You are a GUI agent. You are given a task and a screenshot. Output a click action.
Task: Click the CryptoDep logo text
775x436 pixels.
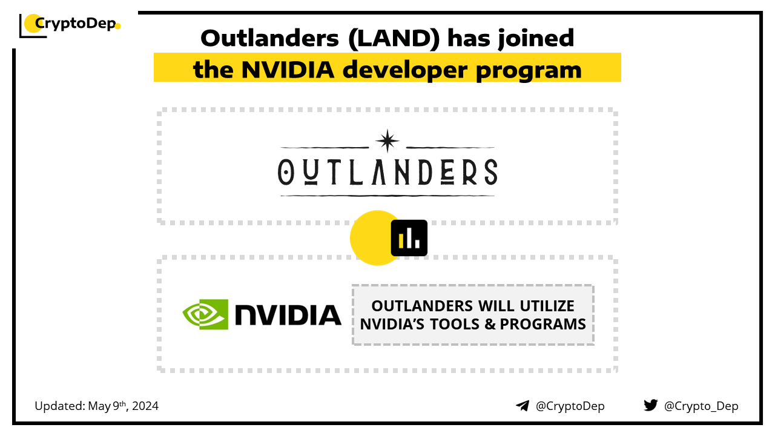point(75,24)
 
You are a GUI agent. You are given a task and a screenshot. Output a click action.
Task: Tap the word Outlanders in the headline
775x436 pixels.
point(269,38)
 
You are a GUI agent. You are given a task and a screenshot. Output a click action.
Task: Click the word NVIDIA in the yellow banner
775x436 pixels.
point(288,70)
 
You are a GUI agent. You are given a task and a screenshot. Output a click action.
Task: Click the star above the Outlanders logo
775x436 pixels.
point(387,141)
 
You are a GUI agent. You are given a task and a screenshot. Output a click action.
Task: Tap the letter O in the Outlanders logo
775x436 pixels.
point(286,172)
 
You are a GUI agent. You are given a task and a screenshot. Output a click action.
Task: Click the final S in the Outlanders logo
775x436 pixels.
point(490,172)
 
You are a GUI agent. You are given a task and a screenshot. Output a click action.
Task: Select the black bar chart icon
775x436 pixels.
point(409,238)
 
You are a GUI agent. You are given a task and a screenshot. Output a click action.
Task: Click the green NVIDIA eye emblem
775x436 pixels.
point(205,314)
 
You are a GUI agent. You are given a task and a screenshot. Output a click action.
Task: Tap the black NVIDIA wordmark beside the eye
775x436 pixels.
point(288,315)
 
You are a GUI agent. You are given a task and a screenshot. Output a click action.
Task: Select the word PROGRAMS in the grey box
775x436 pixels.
point(543,324)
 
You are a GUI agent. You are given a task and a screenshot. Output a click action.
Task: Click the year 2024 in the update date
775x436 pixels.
point(145,406)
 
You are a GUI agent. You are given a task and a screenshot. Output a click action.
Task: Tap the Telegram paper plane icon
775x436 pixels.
point(523,406)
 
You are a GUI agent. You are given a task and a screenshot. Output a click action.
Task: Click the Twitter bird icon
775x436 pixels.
point(651,405)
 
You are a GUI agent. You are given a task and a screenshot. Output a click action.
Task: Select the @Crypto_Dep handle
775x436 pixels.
point(701,406)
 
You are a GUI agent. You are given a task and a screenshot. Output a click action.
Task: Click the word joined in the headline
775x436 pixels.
point(536,39)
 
